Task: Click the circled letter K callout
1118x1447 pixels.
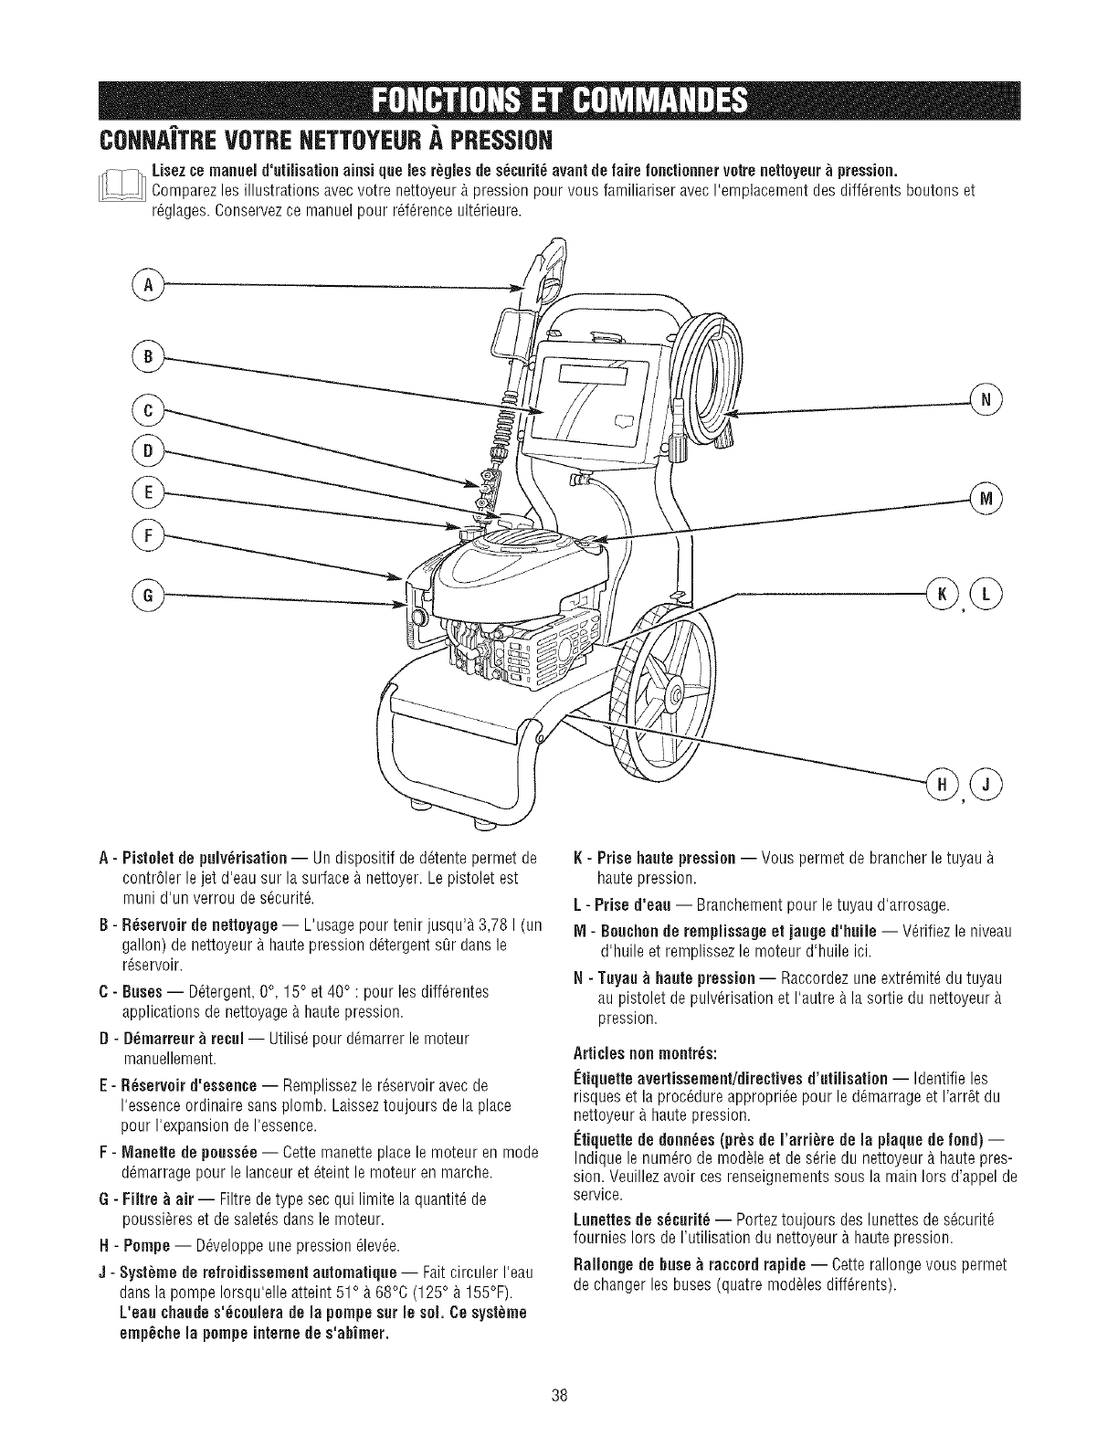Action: pyautogui.click(x=943, y=594)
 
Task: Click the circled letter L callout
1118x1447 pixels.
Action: pyautogui.click(x=986, y=594)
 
